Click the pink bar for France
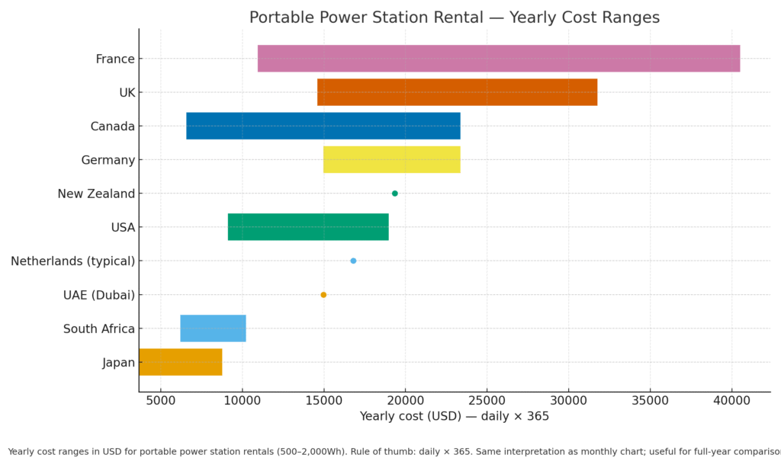499,59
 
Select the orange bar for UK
457,92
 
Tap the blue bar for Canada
323,126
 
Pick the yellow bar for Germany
391,159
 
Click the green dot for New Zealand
394,194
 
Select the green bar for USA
308,227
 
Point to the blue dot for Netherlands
353,261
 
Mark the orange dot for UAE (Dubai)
323,295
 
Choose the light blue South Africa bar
213,328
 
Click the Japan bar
181,362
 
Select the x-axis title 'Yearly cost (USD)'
454,417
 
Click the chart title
454,18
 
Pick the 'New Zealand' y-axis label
96,194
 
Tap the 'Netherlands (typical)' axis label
72,261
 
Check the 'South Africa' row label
99,328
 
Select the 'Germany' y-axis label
108,160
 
